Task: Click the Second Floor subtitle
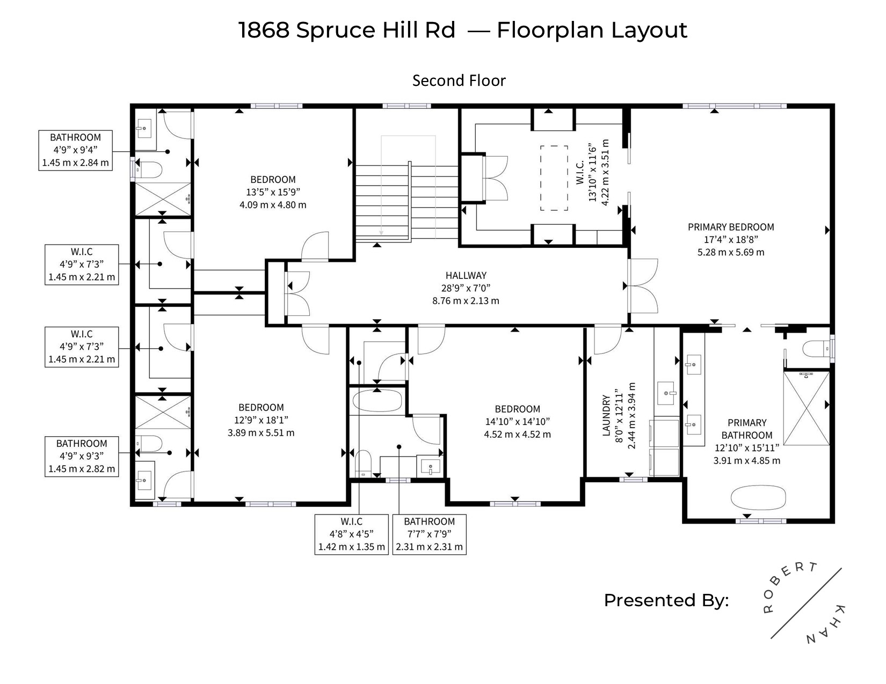(x=459, y=80)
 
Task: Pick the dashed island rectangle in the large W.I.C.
(x=554, y=178)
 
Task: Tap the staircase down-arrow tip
(x=381, y=234)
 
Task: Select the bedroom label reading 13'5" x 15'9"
(x=273, y=192)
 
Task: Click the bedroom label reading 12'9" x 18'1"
(x=261, y=420)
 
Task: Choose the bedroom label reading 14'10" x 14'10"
(x=518, y=422)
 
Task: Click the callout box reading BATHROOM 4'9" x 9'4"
(x=75, y=150)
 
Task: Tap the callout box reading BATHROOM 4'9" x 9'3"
(x=82, y=457)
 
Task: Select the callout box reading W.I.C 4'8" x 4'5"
(x=352, y=534)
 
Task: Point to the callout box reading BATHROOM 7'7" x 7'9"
(x=430, y=534)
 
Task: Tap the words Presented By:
(x=666, y=600)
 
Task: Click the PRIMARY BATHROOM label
(x=747, y=429)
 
